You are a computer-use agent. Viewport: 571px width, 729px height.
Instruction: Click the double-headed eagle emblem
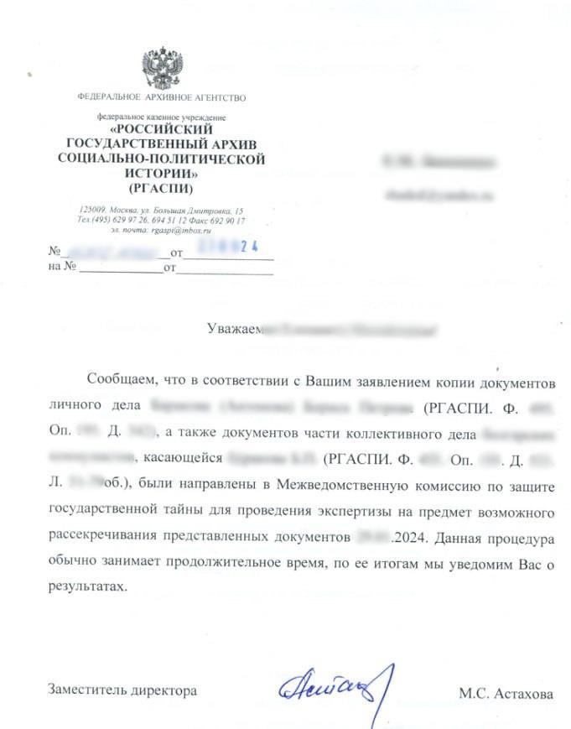click(x=161, y=69)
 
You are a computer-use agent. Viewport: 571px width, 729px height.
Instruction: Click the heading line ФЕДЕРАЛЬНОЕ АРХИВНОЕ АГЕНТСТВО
click(x=161, y=98)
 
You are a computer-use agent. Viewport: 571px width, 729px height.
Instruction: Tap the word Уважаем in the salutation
click(x=235, y=328)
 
